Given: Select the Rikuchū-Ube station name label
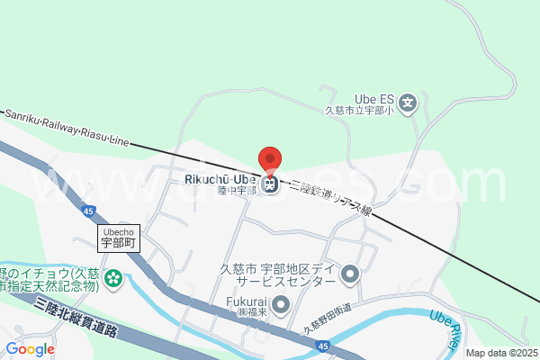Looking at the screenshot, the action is (x=220, y=179).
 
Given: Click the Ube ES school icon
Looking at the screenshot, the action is (x=408, y=102).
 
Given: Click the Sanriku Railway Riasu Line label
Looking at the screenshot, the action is (x=67, y=128).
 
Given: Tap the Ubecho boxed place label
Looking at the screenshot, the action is (x=118, y=237).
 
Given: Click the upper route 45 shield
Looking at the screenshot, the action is (x=87, y=211).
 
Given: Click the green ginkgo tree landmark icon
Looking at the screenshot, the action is (x=112, y=279).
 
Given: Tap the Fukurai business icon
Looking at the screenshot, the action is (x=281, y=305).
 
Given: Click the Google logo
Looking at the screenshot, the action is (x=30, y=349).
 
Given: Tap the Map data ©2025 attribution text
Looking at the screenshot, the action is (x=500, y=353).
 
